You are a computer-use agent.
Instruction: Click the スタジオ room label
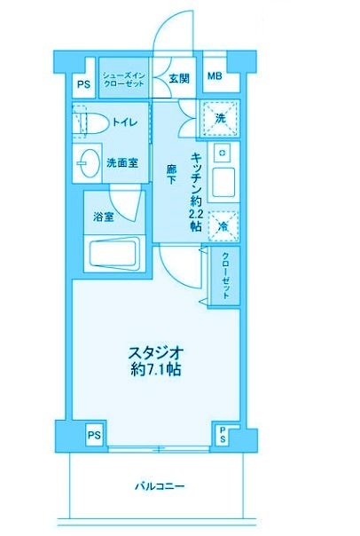pos(156,352)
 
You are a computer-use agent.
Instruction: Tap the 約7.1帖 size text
pos(156,369)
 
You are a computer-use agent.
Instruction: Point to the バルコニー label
pos(160,485)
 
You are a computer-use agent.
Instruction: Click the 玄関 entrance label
pos(179,79)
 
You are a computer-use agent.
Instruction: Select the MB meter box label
pos(215,75)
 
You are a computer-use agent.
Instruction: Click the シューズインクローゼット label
pos(124,79)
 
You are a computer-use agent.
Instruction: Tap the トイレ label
pos(125,122)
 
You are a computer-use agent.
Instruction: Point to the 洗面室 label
pos(122,163)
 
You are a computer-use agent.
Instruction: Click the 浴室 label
pos(104,217)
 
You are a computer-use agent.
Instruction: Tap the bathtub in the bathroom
pos(114,255)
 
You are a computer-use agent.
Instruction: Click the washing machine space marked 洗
pos(220,119)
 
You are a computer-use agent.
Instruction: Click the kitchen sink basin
pos(223,182)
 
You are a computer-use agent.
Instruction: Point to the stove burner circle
pos(223,153)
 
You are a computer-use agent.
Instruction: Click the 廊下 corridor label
pos(171,174)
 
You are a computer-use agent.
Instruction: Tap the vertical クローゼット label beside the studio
pos(226,275)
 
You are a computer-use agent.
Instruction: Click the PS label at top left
pos(83,84)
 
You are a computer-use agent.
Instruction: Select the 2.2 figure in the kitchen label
pos(196,215)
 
